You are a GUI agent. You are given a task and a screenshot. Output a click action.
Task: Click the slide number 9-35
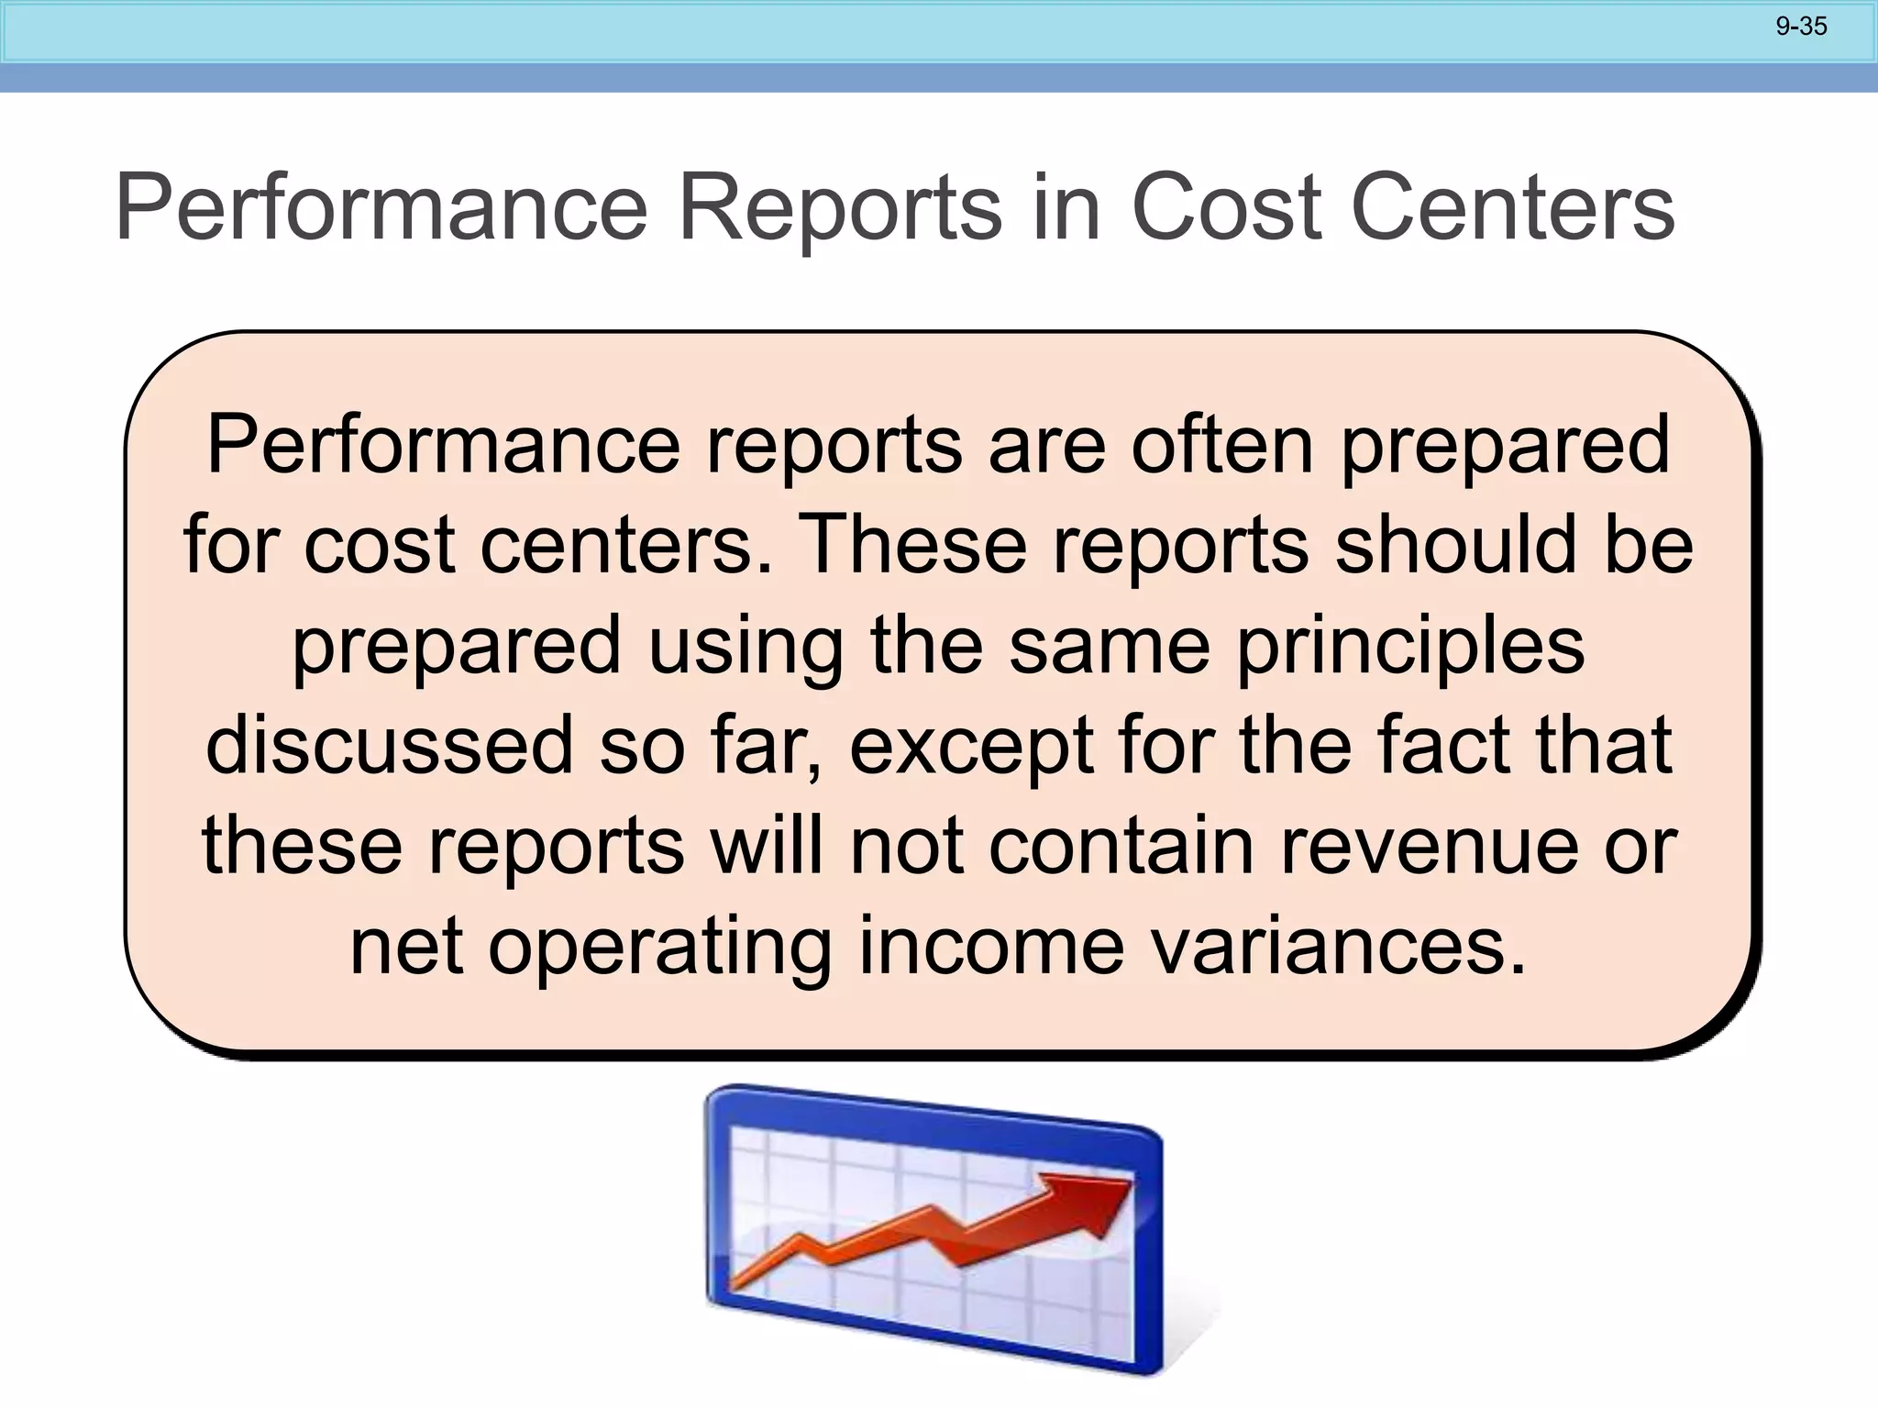click(x=1801, y=27)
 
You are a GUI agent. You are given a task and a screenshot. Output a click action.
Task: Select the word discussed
click(x=389, y=745)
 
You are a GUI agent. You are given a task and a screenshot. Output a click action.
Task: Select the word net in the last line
click(x=405, y=948)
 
